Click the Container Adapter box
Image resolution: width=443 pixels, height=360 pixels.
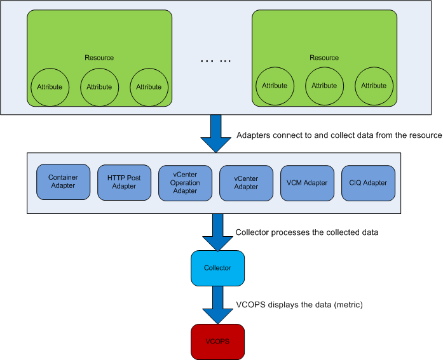point(63,182)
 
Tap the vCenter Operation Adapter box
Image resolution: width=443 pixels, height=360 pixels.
point(185,182)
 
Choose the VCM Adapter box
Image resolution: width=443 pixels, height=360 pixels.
point(307,182)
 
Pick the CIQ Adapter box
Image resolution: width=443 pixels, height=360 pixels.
point(368,182)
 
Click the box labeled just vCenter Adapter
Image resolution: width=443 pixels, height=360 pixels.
point(246,182)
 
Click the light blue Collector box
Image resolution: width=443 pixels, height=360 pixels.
point(217,268)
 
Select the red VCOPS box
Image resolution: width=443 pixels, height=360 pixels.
point(217,341)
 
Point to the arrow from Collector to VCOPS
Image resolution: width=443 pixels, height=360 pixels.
point(217,305)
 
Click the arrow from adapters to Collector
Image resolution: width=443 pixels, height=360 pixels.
point(217,232)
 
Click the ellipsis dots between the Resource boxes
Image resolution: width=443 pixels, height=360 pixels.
point(216,61)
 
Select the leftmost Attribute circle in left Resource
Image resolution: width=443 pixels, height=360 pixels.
point(49,86)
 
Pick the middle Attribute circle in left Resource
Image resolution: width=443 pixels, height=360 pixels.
point(99,86)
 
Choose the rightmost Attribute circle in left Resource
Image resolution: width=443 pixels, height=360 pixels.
point(149,86)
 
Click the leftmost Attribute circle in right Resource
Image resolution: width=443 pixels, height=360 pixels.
point(275,86)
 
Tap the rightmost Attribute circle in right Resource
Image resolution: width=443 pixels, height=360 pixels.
point(374,86)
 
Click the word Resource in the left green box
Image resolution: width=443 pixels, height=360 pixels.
point(99,58)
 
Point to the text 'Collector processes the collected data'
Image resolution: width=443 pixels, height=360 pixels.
point(307,232)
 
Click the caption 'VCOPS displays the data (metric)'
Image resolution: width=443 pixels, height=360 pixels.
point(299,305)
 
